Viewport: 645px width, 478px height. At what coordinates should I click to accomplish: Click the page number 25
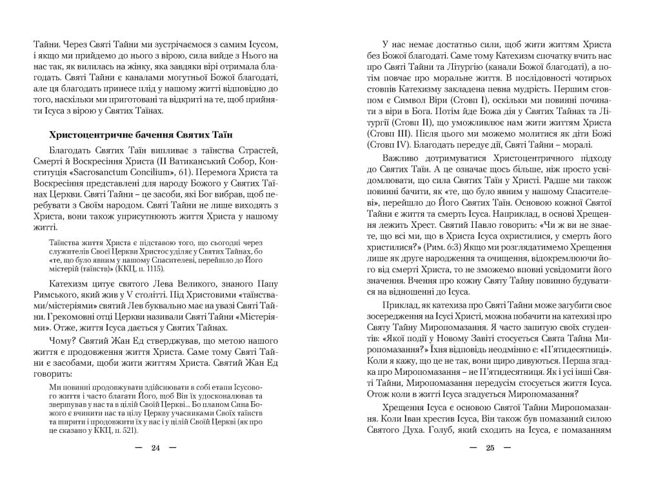coord(490,448)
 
